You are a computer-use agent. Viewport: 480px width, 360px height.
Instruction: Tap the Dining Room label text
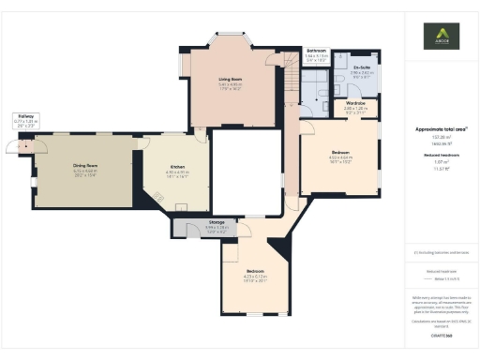click(85, 166)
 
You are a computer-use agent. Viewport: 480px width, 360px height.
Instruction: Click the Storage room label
click(216, 222)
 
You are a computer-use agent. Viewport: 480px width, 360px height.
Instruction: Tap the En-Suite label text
click(361, 67)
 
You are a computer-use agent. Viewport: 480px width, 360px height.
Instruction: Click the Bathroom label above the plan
click(317, 50)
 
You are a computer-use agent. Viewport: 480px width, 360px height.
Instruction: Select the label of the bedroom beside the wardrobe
click(339, 151)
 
